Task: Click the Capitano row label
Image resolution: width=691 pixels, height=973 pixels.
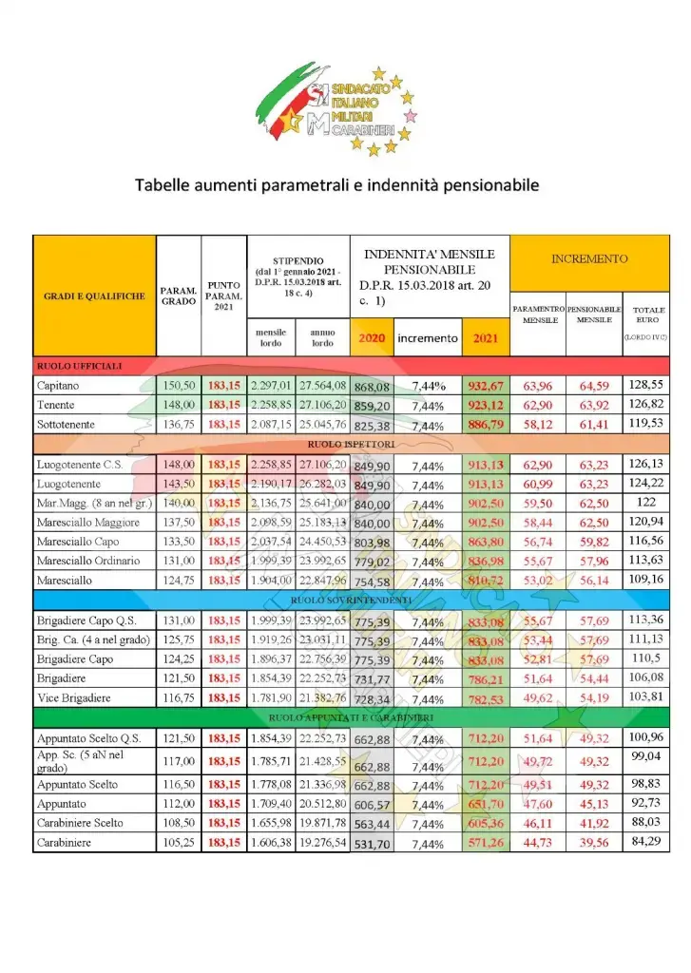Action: pyautogui.click(x=59, y=385)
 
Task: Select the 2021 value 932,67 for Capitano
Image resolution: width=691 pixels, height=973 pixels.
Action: pyautogui.click(x=487, y=385)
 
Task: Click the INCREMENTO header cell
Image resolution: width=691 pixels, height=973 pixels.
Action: pyautogui.click(x=589, y=258)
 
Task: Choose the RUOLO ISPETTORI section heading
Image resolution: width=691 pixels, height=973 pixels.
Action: pyautogui.click(x=351, y=443)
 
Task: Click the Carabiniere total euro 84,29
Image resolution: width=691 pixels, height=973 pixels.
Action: pyautogui.click(x=645, y=841)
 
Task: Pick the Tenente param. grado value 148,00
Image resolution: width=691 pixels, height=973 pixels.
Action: pyautogui.click(x=179, y=404)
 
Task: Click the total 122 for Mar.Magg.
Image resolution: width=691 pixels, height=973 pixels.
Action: pyautogui.click(x=645, y=502)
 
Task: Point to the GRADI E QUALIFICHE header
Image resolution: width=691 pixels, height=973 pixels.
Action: pyautogui.click(x=94, y=296)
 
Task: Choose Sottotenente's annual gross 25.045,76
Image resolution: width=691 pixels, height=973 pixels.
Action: pyautogui.click(x=323, y=424)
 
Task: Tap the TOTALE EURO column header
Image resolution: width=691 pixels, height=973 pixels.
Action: pyautogui.click(x=649, y=315)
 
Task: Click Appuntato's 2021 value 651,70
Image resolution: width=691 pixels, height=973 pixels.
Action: pyautogui.click(x=487, y=803)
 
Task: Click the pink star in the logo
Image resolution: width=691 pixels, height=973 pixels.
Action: pyautogui.click(x=411, y=116)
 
